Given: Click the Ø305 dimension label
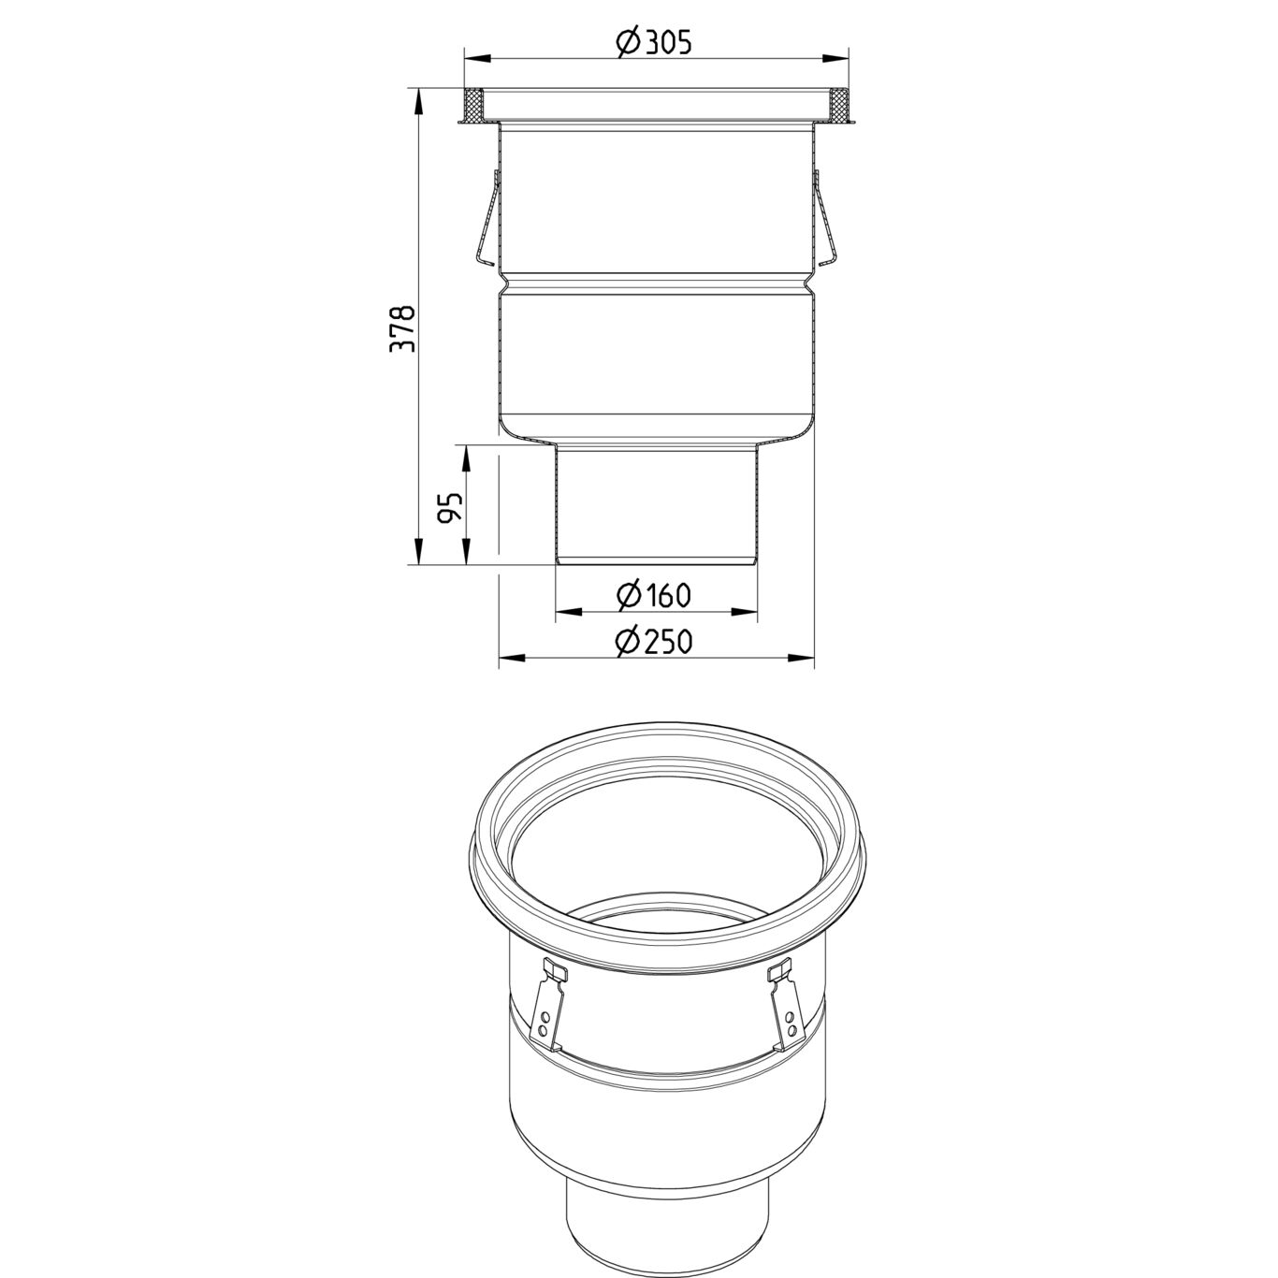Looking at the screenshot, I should click(655, 42).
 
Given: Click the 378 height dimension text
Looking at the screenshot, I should click(401, 328).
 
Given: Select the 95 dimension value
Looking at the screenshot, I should click(450, 506).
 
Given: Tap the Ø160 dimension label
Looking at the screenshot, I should click(655, 594).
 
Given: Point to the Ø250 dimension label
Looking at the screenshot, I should click(655, 642).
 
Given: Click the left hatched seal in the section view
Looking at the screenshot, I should click(474, 105).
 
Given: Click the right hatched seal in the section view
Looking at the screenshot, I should click(839, 105).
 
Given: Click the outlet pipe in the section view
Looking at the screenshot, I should click(656, 505).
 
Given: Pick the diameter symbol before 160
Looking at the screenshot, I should click(629, 594).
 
